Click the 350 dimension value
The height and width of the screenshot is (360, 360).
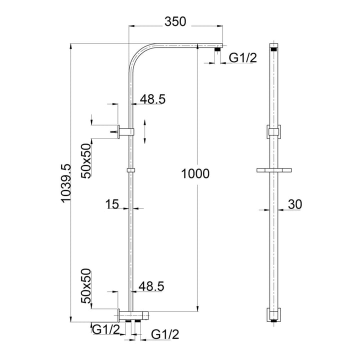pos(175,21)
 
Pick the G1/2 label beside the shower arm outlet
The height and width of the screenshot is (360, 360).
pos(242,58)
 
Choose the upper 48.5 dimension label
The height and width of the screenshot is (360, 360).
pos(152,99)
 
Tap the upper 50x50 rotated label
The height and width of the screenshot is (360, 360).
pos(86,160)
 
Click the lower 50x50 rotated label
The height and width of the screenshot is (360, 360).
pos(86,286)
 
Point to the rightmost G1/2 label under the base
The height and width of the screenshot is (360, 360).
pos(164,333)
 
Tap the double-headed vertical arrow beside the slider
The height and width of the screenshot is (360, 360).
pos(144,131)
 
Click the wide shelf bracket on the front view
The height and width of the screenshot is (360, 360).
pos(273,170)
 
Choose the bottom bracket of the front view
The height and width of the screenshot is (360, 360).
pos(273,315)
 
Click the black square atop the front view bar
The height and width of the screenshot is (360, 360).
pos(273,49)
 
